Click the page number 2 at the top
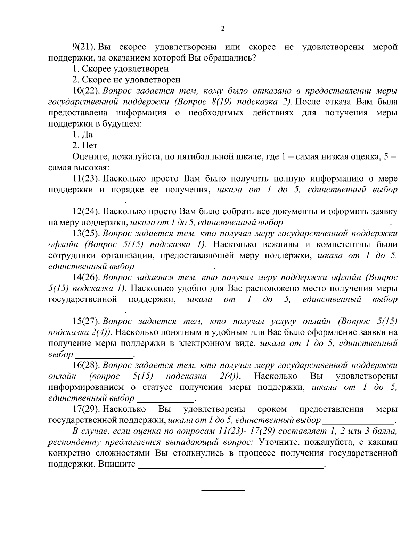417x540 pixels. (223, 29)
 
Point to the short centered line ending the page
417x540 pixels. (223, 490)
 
